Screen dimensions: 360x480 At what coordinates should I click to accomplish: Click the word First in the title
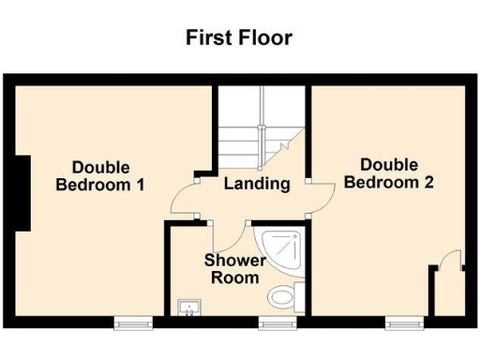click(x=207, y=38)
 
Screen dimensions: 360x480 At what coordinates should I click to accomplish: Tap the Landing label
click(x=256, y=184)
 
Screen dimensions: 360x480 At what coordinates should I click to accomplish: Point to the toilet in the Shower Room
click(x=282, y=298)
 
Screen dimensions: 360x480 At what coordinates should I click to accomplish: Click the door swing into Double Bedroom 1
click(x=185, y=199)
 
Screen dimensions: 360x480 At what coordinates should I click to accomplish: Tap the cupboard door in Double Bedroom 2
click(x=453, y=262)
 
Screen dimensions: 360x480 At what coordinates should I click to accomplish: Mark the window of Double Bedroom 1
click(x=132, y=322)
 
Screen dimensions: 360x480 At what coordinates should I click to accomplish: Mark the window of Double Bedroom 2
click(x=403, y=322)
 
